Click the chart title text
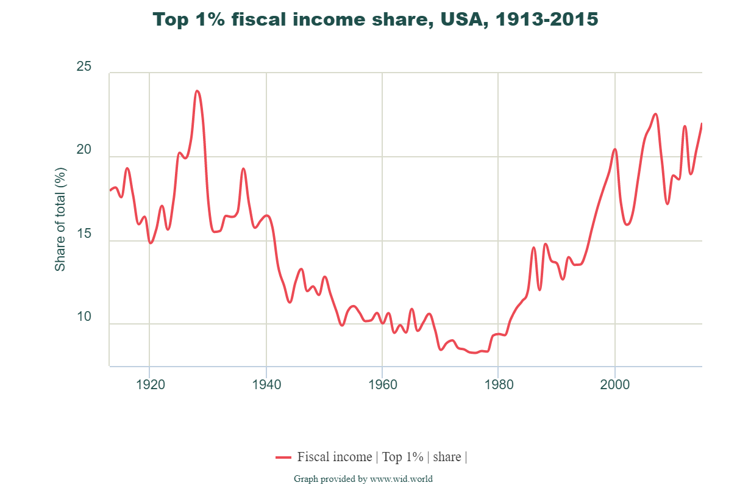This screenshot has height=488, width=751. tap(375, 20)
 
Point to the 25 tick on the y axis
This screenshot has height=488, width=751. tap(84, 66)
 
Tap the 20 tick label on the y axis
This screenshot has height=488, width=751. tap(84, 150)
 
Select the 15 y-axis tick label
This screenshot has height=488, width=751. tap(84, 234)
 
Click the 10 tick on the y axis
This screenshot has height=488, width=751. tap(84, 317)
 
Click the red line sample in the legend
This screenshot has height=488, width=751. tap(283, 457)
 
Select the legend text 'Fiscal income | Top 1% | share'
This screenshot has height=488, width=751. tap(382, 457)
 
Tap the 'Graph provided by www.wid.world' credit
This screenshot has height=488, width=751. tap(363, 479)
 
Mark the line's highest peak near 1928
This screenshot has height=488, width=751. tap(197, 91)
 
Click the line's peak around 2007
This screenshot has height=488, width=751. tap(655, 114)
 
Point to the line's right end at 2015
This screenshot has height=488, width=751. tap(702, 124)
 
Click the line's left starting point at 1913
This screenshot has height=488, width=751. tap(110, 190)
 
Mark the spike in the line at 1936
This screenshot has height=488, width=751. tap(243, 168)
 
